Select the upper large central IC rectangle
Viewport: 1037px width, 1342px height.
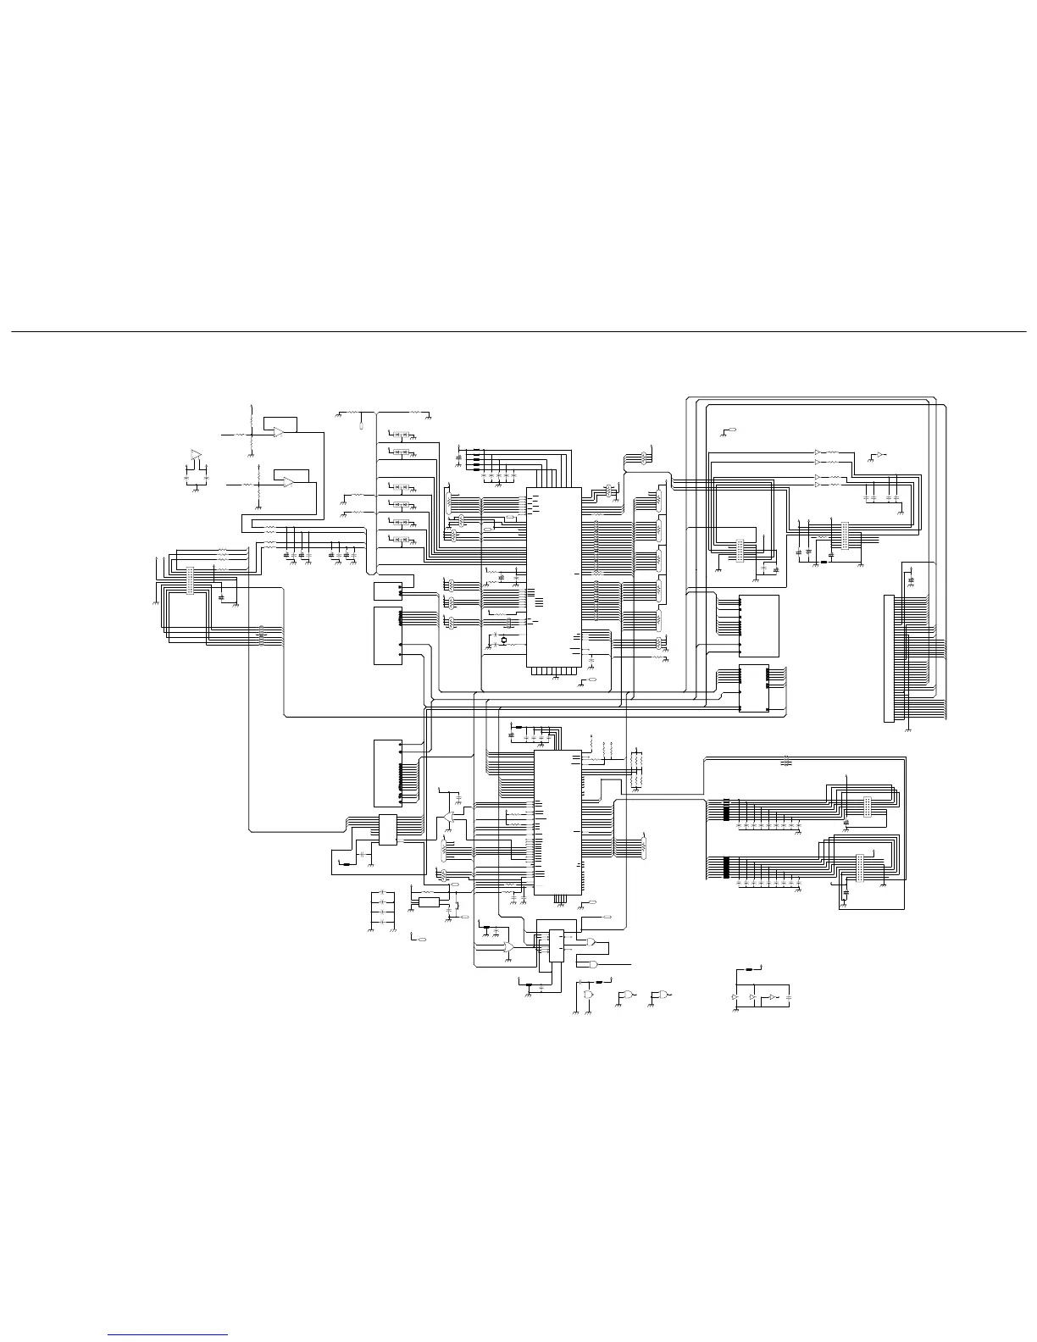pyautogui.click(x=554, y=577)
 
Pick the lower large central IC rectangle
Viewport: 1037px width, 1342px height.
pyautogui.click(x=557, y=822)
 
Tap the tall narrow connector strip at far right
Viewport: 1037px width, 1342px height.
pyautogui.click(x=888, y=659)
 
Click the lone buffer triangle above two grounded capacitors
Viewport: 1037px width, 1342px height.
pyautogui.click(x=196, y=455)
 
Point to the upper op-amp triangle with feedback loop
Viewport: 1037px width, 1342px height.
pyautogui.click(x=279, y=432)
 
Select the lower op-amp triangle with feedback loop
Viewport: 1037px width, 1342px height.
pyautogui.click(x=289, y=483)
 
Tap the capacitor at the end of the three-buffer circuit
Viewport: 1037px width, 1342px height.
pyautogui.click(x=790, y=998)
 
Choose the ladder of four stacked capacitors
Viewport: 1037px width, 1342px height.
pyautogui.click(x=382, y=907)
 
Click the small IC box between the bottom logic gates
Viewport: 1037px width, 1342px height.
pyautogui.click(x=556, y=945)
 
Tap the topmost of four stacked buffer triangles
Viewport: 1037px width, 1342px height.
pyautogui.click(x=818, y=452)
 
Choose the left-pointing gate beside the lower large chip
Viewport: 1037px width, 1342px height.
pyautogui.click(x=446, y=818)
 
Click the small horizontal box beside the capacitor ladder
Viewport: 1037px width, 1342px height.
pyautogui.click(x=429, y=903)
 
